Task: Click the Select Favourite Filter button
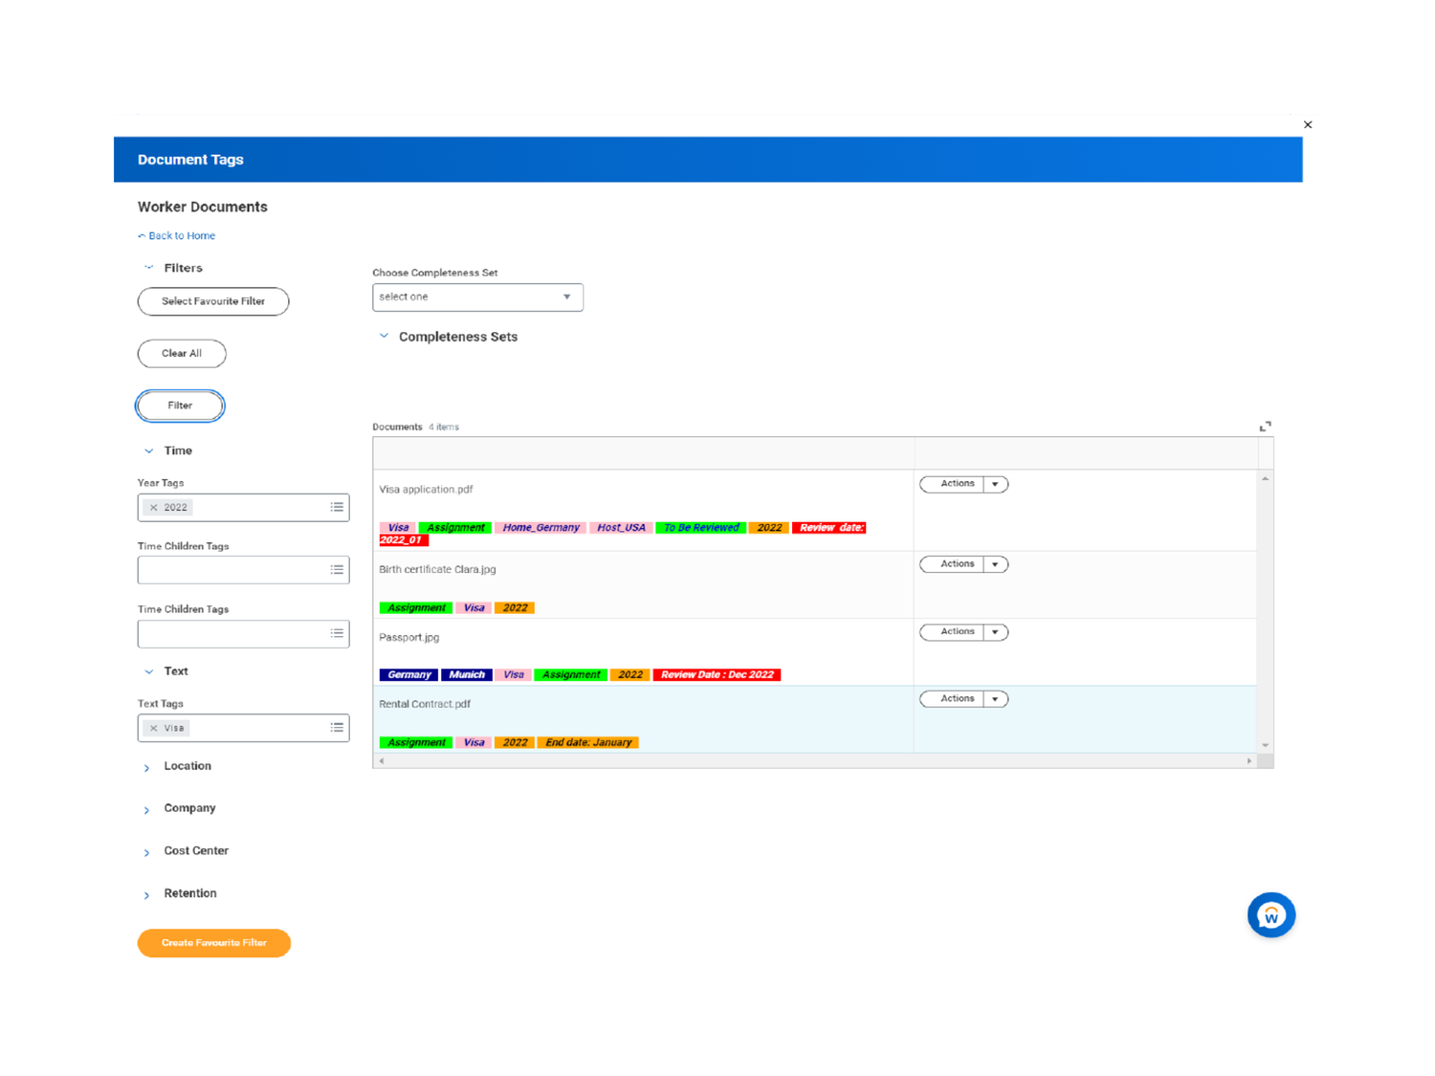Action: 212,301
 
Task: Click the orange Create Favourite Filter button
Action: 213,943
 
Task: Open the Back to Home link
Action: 181,236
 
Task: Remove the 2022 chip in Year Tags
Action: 154,508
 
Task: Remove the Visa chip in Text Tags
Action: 154,729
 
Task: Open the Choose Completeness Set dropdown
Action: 477,297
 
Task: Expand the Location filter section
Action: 187,766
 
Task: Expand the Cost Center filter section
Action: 195,851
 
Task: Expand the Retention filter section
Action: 189,893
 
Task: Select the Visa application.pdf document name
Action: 426,490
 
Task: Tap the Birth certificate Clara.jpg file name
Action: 437,570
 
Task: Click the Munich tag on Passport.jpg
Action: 467,675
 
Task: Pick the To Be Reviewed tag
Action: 701,528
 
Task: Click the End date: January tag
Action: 588,743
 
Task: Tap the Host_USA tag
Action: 621,528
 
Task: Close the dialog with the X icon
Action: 1308,125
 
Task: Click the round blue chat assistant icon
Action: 1270,915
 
